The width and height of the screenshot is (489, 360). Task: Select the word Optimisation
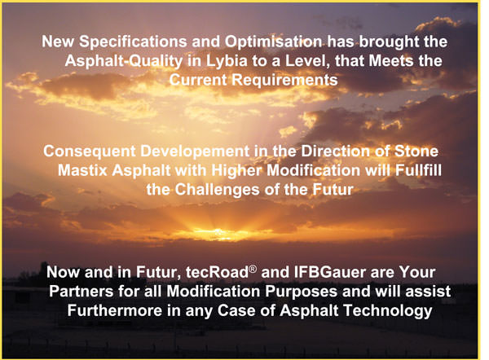tap(273, 42)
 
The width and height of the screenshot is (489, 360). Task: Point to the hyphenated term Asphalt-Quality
tap(124, 62)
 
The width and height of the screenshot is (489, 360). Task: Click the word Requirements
tap(284, 81)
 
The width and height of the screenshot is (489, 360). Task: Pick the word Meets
tap(391, 61)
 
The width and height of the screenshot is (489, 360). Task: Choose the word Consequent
tap(90, 151)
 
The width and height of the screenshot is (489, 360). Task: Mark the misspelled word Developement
tap(195, 151)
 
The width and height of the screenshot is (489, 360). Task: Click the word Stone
tap(416, 151)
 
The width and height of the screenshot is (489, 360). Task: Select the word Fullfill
tap(418, 171)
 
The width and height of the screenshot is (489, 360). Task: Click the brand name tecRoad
tap(217, 273)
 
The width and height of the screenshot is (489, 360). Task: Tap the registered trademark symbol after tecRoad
tap(253, 269)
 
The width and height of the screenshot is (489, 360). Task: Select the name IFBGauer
tap(330, 273)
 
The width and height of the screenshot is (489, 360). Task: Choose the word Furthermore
tap(115, 311)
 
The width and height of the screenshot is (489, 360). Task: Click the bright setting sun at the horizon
tap(218, 232)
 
